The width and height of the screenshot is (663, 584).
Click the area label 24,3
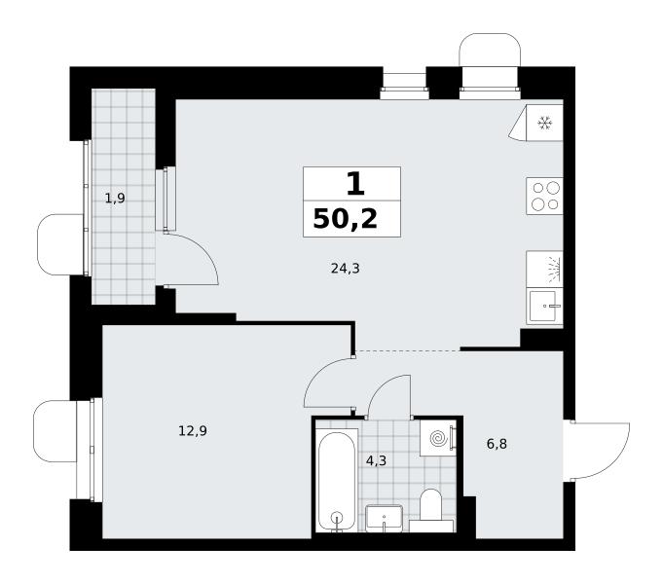pyautogui.click(x=345, y=268)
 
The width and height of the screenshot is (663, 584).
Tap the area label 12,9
pyautogui.click(x=193, y=431)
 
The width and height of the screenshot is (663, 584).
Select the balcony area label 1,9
pyautogui.click(x=115, y=198)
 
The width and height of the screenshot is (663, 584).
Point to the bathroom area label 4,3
pyautogui.click(x=376, y=460)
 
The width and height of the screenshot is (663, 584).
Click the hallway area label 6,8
pyautogui.click(x=497, y=444)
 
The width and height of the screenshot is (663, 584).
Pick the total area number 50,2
pyautogui.click(x=345, y=219)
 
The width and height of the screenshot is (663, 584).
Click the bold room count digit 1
pyautogui.click(x=355, y=184)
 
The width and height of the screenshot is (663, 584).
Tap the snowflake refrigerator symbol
pyautogui.click(x=545, y=123)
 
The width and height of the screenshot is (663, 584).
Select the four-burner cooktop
pyautogui.click(x=544, y=197)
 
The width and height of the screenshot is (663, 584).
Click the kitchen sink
pyautogui.click(x=544, y=307)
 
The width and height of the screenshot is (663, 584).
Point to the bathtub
pyautogui.click(x=337, y=481)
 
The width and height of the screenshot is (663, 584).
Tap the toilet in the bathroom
pyautogui.click(x=431, y=511)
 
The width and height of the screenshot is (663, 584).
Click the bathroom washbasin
pyautogui.click(x=384, y=519)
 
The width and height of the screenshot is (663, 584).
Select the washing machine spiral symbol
pyautogui.click(x=438, y=439)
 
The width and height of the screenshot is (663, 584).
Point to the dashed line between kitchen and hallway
pyautogui.click(x=407, y=351)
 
